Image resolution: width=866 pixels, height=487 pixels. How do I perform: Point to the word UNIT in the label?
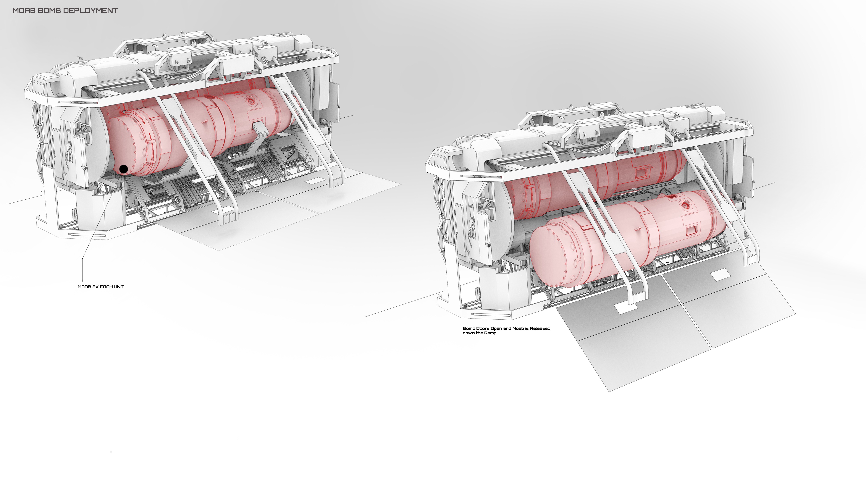119,287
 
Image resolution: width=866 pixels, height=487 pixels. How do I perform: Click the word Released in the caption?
540,328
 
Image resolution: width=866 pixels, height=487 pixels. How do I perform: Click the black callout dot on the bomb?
124,169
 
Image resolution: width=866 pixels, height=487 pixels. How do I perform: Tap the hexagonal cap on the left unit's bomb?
250,100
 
